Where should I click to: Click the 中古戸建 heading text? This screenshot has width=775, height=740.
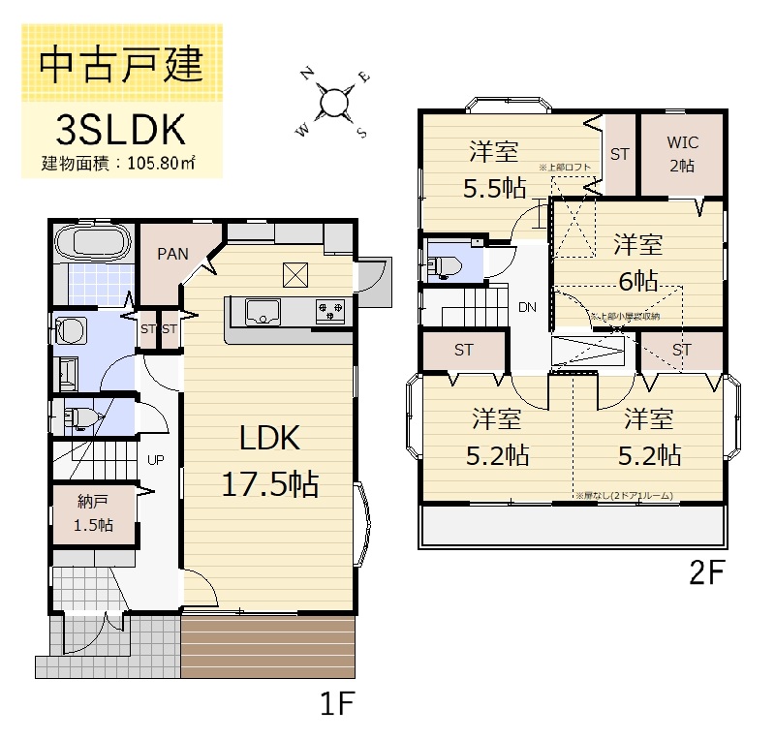(121, 66)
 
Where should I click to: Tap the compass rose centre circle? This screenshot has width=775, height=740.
(334, 103)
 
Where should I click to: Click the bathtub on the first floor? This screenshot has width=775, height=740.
(93, 242)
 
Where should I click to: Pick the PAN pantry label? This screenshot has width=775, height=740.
(172, 254)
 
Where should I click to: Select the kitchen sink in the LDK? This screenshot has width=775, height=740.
(262, 311)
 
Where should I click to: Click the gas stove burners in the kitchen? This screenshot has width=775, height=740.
(329, 311)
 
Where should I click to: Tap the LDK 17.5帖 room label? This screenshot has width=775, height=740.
(269, 460)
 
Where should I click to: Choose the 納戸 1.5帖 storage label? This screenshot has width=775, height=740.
(94, 513)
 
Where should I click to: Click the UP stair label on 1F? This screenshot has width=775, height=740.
(154, 459)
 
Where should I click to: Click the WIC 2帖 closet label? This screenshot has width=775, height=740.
(682, 153)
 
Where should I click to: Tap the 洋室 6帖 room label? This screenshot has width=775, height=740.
(637, 262)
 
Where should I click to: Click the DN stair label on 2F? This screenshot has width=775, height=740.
(527, 308)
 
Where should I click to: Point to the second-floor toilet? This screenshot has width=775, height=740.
(447, 265)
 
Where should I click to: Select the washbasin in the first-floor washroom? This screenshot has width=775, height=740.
(72, 330)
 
